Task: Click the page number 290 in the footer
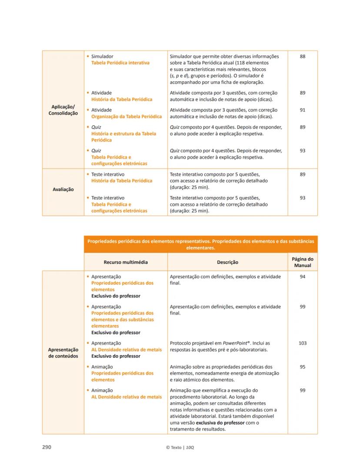point(47,447)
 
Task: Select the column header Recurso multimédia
point(126,262)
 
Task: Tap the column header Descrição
point(227,262)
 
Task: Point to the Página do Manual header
point(303,262)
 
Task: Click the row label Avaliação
point(63,189)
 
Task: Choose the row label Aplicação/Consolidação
point(63,110)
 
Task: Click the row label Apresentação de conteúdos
point(63,353)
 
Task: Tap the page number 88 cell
point(303,56)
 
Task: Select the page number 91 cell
point(303,110)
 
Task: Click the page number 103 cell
point(303,343)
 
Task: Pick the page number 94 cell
point(303,277)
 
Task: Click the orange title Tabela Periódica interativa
point(120,63)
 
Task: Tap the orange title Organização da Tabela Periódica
point(126,116)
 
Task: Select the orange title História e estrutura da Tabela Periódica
point(123,137)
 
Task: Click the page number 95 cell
point(303,367)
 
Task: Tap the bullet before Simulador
point(88,56)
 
